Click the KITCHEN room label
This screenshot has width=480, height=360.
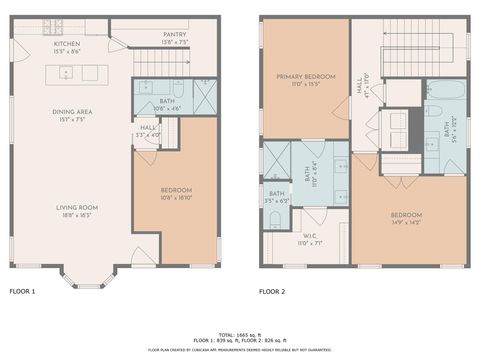[67, 44]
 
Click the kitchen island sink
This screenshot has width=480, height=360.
[66, 72]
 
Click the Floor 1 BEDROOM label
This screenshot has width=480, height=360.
[176, 190]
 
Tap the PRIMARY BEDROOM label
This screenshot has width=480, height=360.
[306, 76]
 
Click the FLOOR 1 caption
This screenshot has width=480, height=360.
[22, 293]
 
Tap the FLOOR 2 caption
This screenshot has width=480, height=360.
[272, 293]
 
